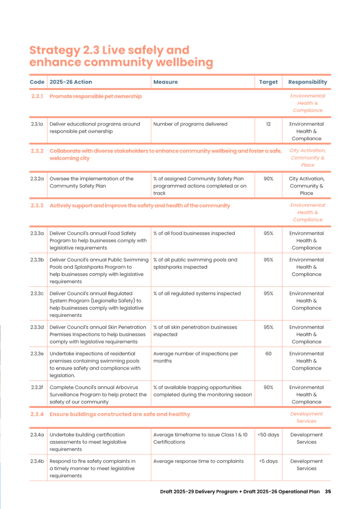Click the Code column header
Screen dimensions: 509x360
click(37, 82)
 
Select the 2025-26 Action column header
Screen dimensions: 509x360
click(70, 82)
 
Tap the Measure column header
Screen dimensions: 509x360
click(165, 82)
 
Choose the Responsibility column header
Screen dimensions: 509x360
click(307, 82)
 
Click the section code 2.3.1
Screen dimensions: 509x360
click(37, 97)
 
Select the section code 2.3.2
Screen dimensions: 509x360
click(37, 150)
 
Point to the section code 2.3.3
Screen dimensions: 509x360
click(37, 206)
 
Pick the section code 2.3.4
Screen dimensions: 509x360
click(37, 414)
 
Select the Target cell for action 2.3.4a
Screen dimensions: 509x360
click(268, 434)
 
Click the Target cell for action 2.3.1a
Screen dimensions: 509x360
click(268, 124)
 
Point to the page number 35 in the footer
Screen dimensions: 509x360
click(328, 491)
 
